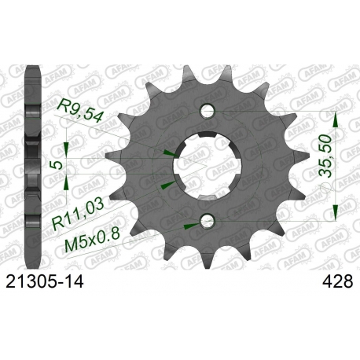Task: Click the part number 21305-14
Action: (45, 282)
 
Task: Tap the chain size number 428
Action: (338, 282)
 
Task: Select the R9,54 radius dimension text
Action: (80, 111)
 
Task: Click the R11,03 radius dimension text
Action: (79, 215)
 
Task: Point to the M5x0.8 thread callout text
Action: (92, 241)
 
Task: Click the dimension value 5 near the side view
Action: (58, 165)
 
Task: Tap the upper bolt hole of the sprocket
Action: (208, 111)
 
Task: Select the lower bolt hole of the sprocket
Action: (208, 221)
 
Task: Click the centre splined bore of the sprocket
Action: (208, 166)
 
